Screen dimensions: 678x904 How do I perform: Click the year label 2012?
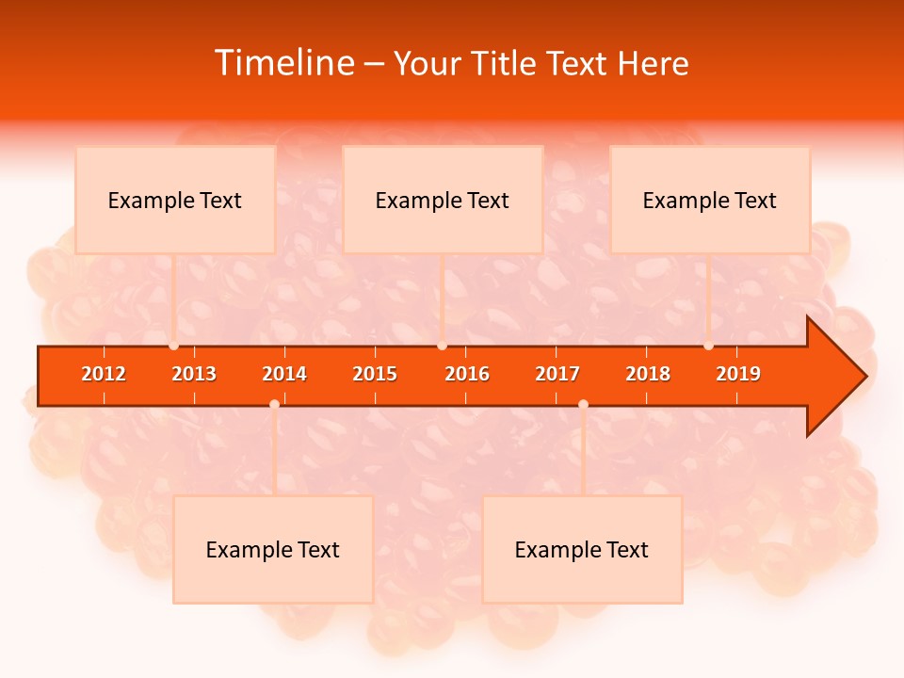click(104, 374)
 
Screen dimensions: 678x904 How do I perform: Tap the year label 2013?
click(194, 374)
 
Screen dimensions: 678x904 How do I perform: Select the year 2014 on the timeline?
click(284, 374)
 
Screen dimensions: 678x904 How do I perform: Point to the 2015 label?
click(375, 374)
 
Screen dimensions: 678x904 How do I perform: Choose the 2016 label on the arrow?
click(467, 374)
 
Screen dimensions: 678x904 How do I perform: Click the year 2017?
click(557, 374)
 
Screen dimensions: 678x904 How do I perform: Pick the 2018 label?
click(648, 374)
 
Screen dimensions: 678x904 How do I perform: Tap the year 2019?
click(738, 374)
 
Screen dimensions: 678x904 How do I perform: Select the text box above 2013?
click(175, 200)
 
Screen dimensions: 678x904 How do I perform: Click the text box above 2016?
click(443, 200)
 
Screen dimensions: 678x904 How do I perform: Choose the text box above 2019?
click(710, 200)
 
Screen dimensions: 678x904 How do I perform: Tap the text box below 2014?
click(273, 549)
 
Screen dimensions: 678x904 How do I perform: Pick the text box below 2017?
click(582, 549)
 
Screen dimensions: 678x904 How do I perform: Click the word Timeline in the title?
click(282, 63)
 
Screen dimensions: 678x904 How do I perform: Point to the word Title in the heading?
click(504, 63)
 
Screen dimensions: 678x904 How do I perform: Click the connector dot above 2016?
click(442, 346)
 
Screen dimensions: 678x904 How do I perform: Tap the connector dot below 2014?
click(274, 404)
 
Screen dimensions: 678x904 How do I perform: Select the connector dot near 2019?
click(708, 346)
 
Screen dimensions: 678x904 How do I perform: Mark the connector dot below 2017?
click(583, 404)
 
